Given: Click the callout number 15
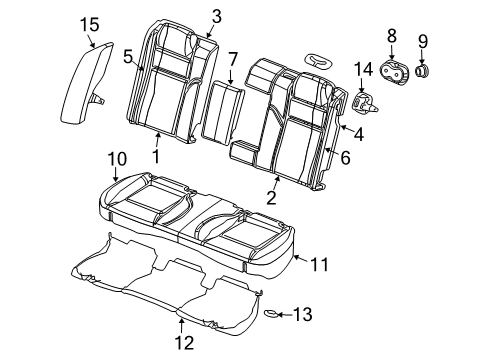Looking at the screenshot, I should click(90, 23).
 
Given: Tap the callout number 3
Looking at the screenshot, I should click(216, 15).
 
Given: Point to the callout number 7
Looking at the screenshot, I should click(232, 60).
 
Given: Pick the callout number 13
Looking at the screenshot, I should click(302, 315).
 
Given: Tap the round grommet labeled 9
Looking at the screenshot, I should click(421, 72).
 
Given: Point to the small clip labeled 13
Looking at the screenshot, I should click(270, 314).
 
